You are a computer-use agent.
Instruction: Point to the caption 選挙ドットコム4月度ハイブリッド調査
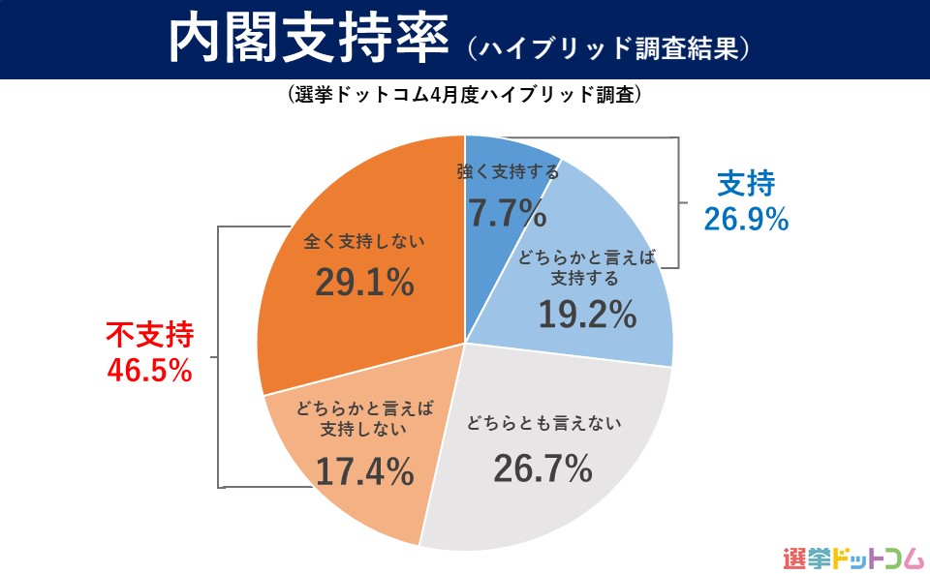click(465, 97)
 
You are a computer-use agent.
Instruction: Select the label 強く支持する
click(508, 173)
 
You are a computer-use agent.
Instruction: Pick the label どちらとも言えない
click(542, 422)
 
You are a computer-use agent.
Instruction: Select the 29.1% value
click(365, 283)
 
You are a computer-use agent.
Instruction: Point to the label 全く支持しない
click(365, 239)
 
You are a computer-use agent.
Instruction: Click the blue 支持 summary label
click(746, 182)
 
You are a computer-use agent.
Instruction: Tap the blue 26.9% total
click(746, 221)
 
